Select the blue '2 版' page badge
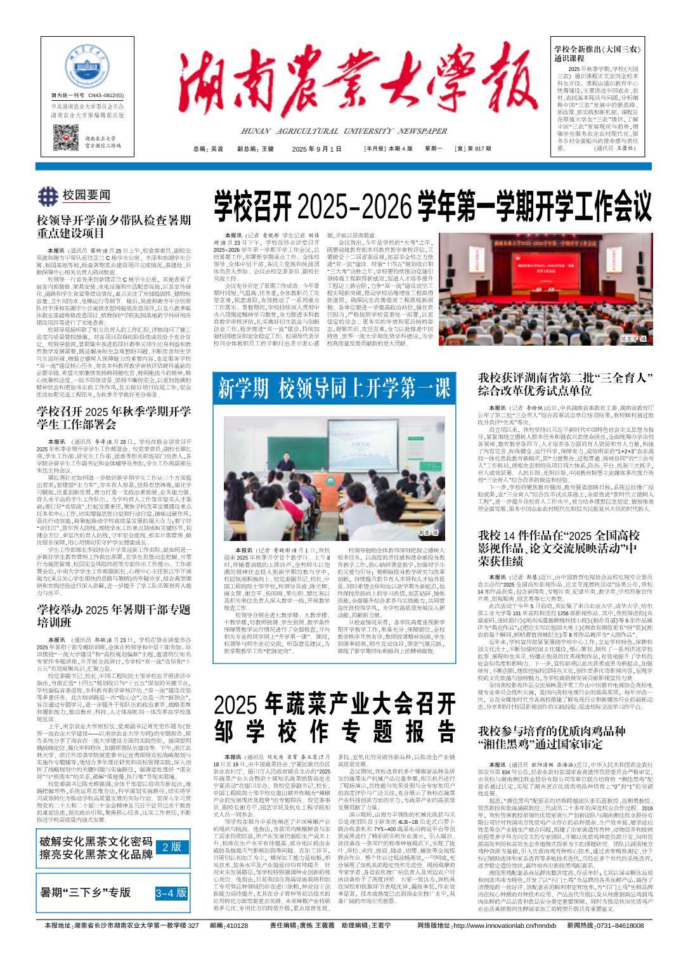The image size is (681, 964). [172, 847]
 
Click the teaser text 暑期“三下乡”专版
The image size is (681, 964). [86, 892]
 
